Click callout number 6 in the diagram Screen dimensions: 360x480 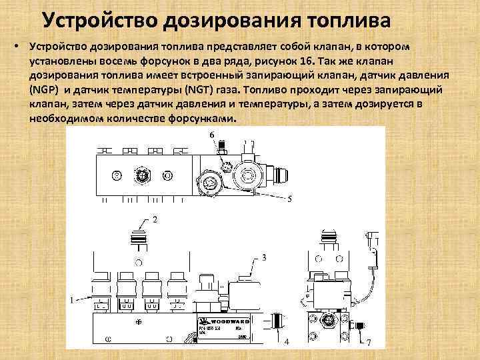pos(213,136)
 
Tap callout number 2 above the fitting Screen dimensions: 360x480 pos(155,219)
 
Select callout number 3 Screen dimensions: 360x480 pos(264,257)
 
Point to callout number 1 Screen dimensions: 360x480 pos(71,301)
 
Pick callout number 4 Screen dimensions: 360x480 pos(287,342)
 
